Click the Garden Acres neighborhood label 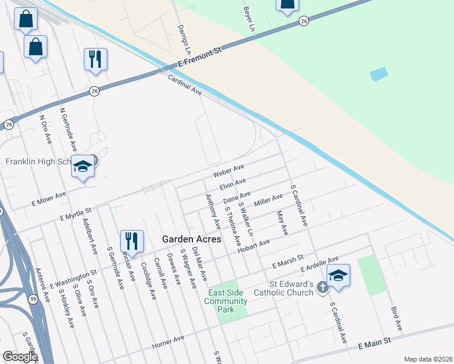186,239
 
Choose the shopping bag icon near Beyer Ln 287,5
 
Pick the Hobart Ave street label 254,245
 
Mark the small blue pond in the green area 379,74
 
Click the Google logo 20,356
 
